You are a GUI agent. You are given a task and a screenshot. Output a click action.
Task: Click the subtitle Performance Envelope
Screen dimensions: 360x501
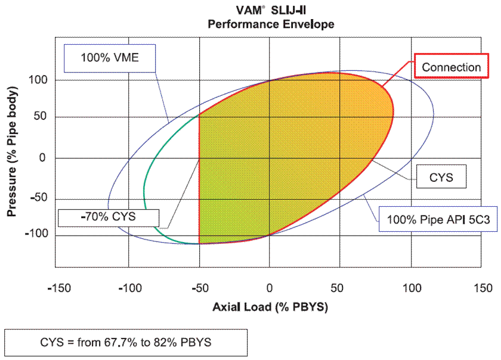click(270, 24)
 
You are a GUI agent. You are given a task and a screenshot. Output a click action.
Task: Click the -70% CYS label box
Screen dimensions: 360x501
click(109, 217)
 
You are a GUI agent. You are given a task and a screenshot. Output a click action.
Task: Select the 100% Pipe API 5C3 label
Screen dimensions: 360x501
click(438, 220)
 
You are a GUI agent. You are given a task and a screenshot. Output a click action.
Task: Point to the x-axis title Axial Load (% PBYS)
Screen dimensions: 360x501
click(270, 308)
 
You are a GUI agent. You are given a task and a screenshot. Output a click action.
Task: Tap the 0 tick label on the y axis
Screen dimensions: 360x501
click(43, 158)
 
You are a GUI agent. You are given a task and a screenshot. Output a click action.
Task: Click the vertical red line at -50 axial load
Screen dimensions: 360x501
click(199, 179)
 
